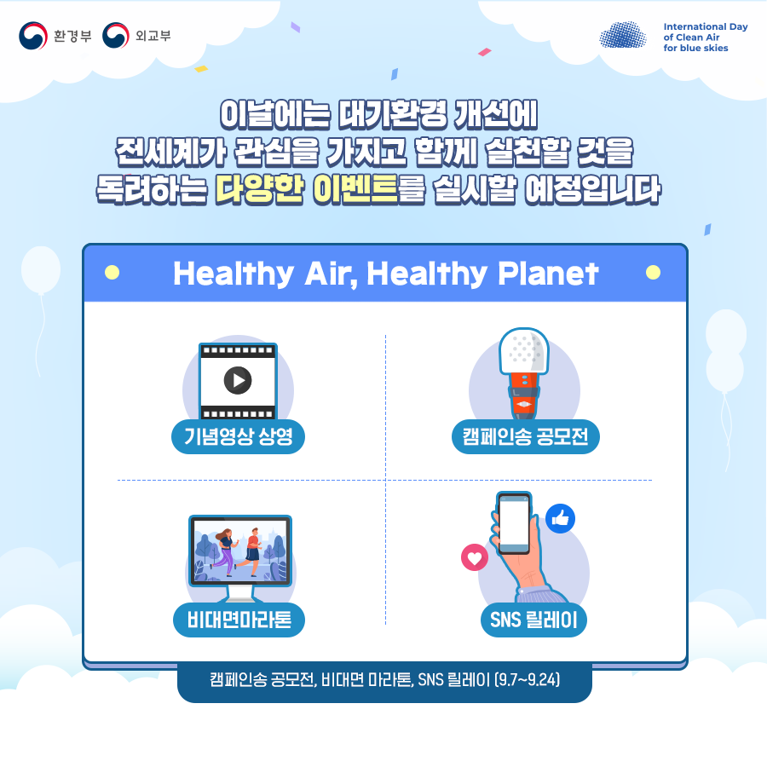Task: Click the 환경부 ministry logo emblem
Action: [33, 35]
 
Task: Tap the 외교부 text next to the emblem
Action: [153, 36]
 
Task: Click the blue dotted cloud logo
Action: [623, 35]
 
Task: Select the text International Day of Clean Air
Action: [706, 32]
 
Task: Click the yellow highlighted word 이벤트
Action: [355, 189]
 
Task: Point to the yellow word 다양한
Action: [260, 189]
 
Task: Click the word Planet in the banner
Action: [548, 273]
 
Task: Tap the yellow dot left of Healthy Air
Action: [112, 273]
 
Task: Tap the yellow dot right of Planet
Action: [653, 273]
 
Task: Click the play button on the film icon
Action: [238, 380]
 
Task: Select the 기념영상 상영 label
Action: [239, 436]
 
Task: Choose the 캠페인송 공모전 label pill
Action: [525, 436]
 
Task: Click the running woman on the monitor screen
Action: [226, 551]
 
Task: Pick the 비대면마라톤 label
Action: [239, 620]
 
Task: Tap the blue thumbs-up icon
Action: [560, 518]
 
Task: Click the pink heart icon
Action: [475, 557]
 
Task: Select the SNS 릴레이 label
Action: [533, 620]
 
